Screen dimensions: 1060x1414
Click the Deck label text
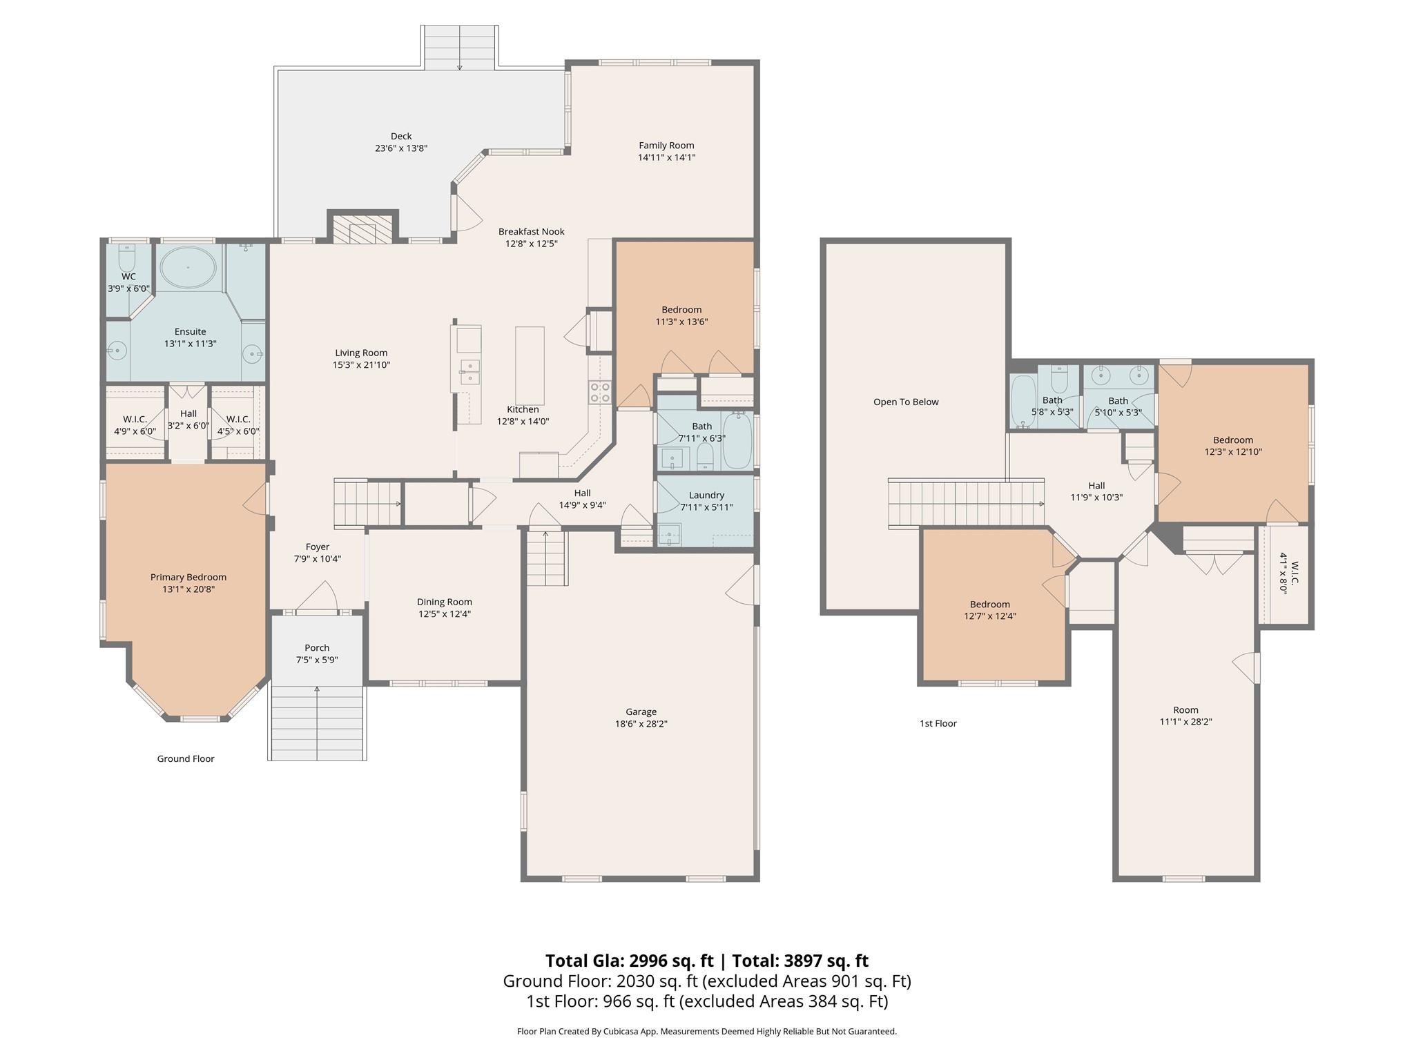[x=401, y=137]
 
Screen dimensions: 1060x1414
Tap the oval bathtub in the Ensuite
[x=187, y=267]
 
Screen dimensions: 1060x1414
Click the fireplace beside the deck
[x=362, y=228]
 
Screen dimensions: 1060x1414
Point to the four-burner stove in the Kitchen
[x=599, y=392]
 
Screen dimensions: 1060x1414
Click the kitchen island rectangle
[x=530, y=365]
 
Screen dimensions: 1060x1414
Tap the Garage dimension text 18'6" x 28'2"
[x=641, y=724]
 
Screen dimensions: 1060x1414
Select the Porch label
[x=317, y=648]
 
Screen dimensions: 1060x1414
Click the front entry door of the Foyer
[x=317, y=611]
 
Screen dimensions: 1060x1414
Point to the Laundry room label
[x=706, y=495]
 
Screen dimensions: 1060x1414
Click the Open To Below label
[x=906, y=402]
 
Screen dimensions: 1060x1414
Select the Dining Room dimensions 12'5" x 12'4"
[x=444, y=614]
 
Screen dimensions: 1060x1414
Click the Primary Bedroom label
[x=188, y=578]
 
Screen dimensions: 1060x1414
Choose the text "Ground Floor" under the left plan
[x=186, y=759]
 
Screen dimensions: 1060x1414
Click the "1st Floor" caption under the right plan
[x=938, y=724]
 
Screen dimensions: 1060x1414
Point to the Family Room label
[x=666, y=146]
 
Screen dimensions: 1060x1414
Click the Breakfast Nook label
[x=532, y=232]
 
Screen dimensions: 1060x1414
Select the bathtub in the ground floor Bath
[x=737, y=440]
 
